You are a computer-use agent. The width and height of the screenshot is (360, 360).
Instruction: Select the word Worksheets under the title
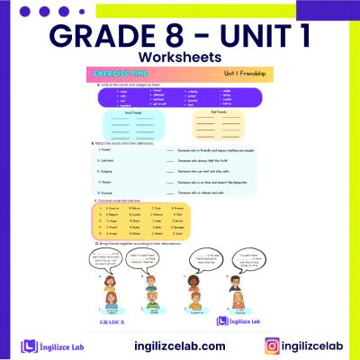180,58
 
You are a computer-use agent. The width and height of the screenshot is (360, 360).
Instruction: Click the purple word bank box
178,96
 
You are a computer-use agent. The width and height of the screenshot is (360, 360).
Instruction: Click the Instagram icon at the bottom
271,345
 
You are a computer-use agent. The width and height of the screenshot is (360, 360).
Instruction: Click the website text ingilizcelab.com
180,345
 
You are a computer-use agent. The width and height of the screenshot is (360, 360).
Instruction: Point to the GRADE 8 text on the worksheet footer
110,320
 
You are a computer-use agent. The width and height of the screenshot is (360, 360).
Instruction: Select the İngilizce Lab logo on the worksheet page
238,319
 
